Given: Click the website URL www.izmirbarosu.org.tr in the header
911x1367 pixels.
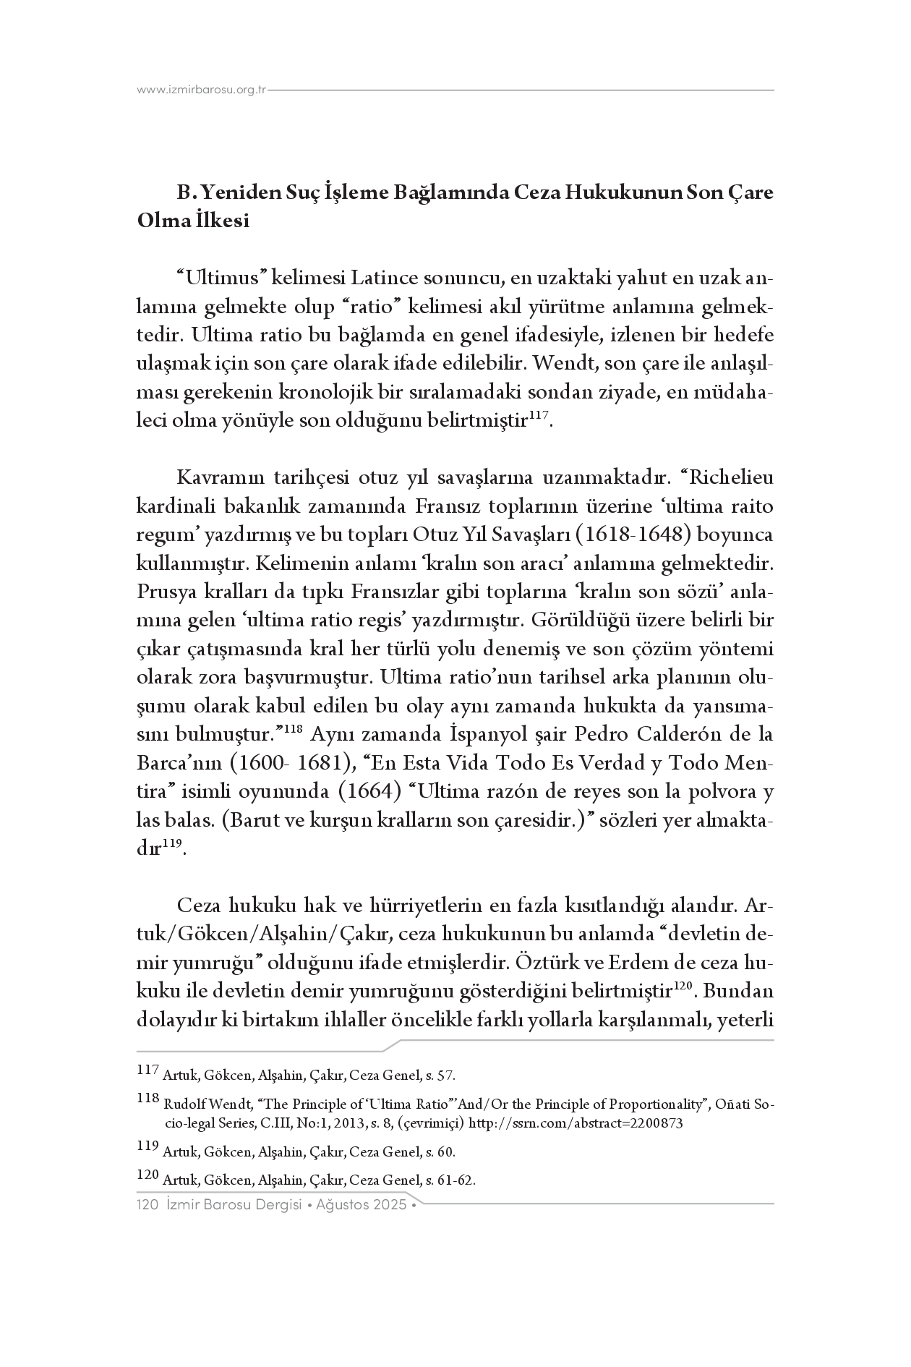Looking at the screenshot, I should click(x=202, y=90).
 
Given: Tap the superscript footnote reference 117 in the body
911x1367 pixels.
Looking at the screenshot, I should click(x=538, y=415).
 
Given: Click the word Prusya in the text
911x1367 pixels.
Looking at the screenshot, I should click(x=161, y=592).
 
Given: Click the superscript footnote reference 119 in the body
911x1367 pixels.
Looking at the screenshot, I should click(x=171, y=844).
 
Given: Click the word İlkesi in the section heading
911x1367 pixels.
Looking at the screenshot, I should click(x=224, y=221).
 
